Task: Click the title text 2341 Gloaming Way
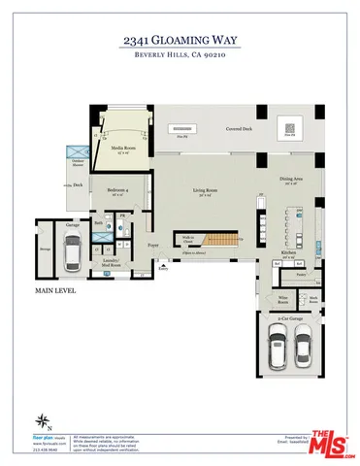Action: click(x=180, y=41)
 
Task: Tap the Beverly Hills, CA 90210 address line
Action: click(x=180, y=55)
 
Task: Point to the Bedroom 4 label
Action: click(x=120, y=190)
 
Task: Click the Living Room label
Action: click(x=203, y=191)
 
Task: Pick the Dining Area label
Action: click(x=293, y=179)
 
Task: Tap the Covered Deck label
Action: click(x=241, y=128)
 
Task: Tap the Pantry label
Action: click(x=301, y=276)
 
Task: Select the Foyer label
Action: click(x=153, y=246)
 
